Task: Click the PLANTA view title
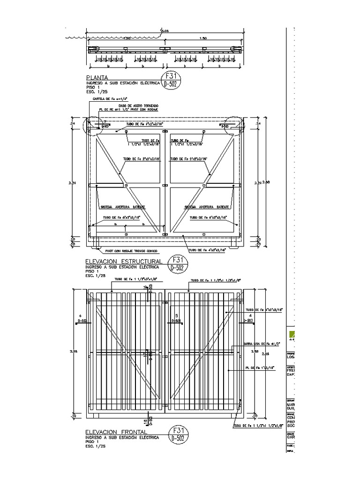pos(97,77)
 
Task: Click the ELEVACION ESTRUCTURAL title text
pos(124,261)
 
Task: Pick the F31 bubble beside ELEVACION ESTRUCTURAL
pos(178,260)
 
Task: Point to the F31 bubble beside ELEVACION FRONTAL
pos(178,430)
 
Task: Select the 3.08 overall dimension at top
pos(164,31)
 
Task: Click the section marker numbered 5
pos(176,315)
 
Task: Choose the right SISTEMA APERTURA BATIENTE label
pos(206,207)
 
